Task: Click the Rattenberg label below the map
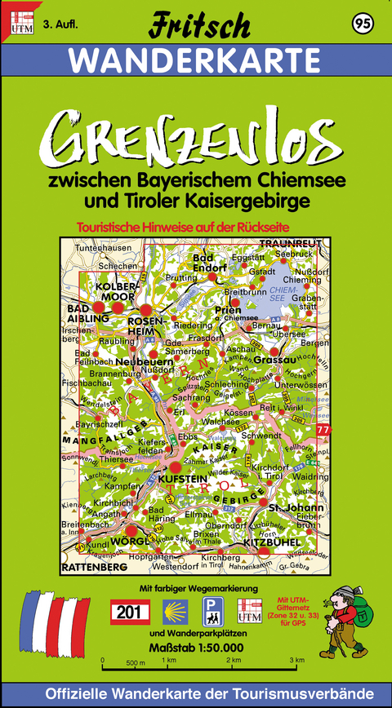click(x=93, y=565)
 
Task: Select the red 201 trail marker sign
click(x=128, y=612)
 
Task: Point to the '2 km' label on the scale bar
click(x=234, y=660)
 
